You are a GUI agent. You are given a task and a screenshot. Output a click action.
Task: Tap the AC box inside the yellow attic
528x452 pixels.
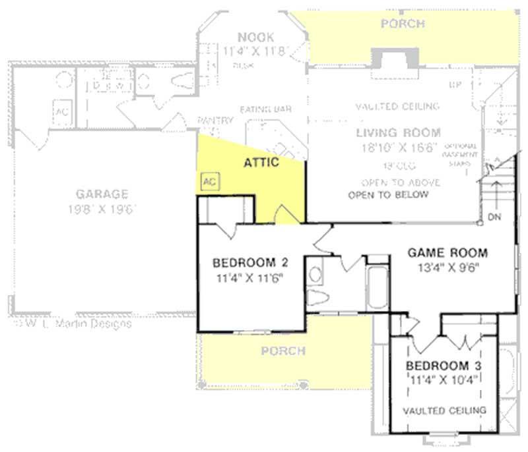click(209, 181)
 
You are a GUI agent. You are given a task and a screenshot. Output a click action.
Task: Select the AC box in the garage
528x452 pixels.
click(62, 111)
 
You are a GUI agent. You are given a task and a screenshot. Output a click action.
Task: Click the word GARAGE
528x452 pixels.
click(101, 194)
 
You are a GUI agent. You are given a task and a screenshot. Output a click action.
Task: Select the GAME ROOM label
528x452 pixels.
click(447, 252)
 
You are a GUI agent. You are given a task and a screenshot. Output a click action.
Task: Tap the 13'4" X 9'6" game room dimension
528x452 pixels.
click(447, 267)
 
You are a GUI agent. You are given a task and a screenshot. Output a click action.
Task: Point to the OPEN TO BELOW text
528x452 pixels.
click(388, 195)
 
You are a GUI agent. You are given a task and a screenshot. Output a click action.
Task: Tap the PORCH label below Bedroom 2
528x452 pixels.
click(283, 351)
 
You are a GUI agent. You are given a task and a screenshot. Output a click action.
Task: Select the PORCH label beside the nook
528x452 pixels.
click(403, 24)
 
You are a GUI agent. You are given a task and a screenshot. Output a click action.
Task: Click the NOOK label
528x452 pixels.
click(255, 37)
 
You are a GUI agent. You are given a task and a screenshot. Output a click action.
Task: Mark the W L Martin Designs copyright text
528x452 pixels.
click(73, 324)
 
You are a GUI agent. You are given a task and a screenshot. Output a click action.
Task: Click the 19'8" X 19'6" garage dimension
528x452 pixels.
click(101, 210)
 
